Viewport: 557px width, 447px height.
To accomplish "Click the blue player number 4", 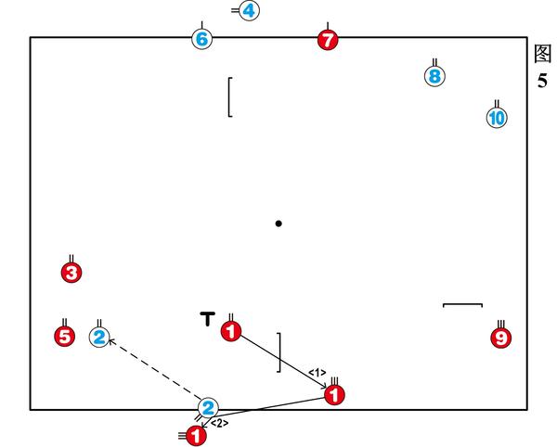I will (249, 11).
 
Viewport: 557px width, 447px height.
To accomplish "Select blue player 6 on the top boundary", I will (202, 39).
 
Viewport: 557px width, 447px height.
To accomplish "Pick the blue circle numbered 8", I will (434, 76).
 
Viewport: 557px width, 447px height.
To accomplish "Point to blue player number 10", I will (497, 118).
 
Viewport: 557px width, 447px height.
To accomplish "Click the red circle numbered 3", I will (71, 273).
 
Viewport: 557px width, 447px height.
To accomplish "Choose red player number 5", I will (64, 337).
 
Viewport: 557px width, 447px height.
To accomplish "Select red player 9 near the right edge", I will (501, 338).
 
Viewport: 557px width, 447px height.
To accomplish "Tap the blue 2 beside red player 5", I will (99, 338).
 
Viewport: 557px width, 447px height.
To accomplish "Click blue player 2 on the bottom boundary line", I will (209, 407).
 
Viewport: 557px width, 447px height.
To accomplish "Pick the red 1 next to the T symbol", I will (231, 330).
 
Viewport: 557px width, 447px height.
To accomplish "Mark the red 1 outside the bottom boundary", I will (196, 435).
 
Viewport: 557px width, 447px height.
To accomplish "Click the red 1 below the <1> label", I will (335, 395).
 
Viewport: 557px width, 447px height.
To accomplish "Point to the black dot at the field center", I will (278, 223).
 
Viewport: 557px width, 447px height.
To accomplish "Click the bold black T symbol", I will (208, 319).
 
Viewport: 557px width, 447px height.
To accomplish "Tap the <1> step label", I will (317, 373).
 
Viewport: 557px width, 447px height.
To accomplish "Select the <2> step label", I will (219, 423).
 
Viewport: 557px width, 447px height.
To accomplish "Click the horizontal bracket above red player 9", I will (462, 304).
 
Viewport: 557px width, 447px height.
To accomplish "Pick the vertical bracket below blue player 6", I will (228, 97).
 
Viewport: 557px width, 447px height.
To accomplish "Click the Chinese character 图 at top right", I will (543, 53).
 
